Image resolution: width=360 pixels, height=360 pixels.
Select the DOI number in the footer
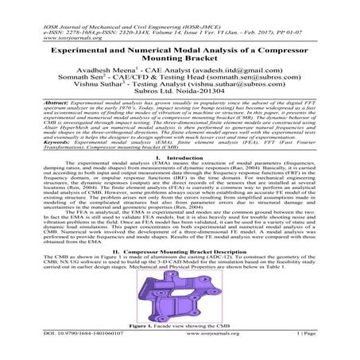[x=76, y=355]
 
